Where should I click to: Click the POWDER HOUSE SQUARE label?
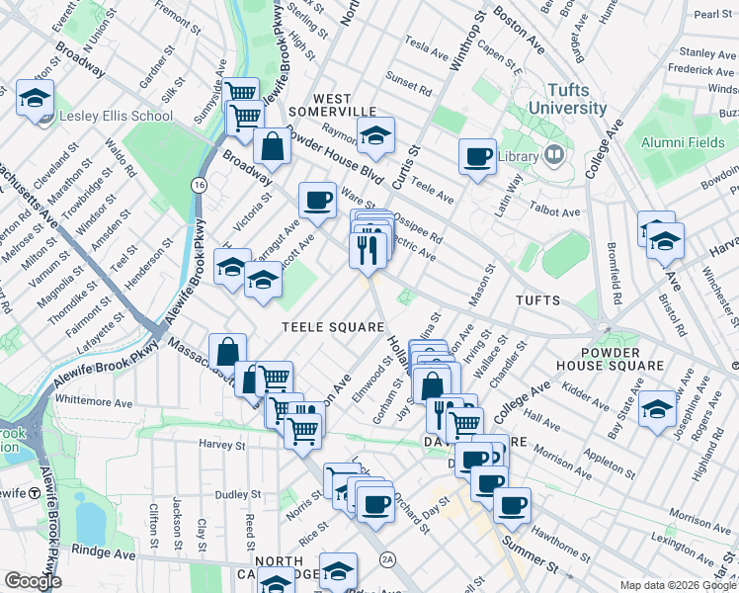[x=623, y=359]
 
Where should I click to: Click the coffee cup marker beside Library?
[x=477, y=156]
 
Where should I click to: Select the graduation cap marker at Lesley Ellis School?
[x=35, y=99]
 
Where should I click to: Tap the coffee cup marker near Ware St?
[x=317, y=201]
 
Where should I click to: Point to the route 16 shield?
[x=200, y=185]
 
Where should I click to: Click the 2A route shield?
[x=387, y=560]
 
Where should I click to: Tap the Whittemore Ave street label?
[x=94, y=402]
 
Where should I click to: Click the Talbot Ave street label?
[x=556, y=212]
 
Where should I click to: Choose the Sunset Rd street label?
[x=409, y=86]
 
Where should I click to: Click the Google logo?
[x=33, y=581]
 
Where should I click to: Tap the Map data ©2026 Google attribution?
[x=677, y=585]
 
